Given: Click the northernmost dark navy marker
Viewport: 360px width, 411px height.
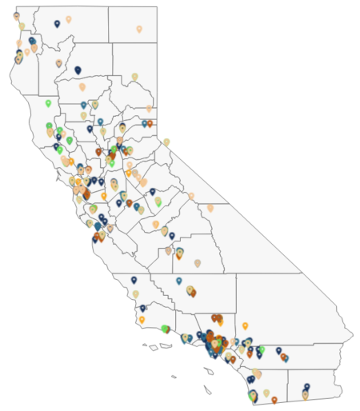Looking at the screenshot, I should (x=57, y=24).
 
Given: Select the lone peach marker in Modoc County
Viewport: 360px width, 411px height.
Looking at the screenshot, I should (x=139, y=29).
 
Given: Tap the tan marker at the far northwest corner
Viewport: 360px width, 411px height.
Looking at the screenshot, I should (x=16, y=15).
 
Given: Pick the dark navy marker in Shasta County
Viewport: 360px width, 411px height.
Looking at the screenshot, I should (x=78, y=70).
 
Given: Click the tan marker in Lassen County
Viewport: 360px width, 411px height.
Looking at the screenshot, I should (x=134, y=77).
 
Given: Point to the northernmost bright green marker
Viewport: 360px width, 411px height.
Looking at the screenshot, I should (x=48, y=103).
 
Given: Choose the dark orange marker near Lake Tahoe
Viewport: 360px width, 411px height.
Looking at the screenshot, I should (x=150, y=123).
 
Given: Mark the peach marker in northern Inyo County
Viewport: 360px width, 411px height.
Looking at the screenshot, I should (x=210, y=208).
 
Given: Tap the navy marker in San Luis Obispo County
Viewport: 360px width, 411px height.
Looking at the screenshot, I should (x=134, y=280).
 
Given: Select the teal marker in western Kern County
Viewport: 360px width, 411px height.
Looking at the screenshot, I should (x=179, y=281).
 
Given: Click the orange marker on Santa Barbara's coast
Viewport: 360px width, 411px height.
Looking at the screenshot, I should (x=142, y=320).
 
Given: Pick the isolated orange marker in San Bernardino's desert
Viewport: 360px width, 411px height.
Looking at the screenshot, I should (x=245, y=325).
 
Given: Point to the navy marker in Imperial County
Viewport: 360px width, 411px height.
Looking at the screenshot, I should (x=306, y=387).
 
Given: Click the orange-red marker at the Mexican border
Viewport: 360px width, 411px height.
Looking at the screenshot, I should (x=274, y=399).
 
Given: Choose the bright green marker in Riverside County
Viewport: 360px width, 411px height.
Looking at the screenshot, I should (x=262, y=349).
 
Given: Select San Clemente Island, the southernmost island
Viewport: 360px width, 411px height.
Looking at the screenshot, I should (x=208, y=390).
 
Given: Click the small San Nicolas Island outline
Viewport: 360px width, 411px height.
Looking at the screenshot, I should (x=173, y=377).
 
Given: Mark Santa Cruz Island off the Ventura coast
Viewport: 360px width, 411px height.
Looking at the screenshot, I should (x=165, y=346).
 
